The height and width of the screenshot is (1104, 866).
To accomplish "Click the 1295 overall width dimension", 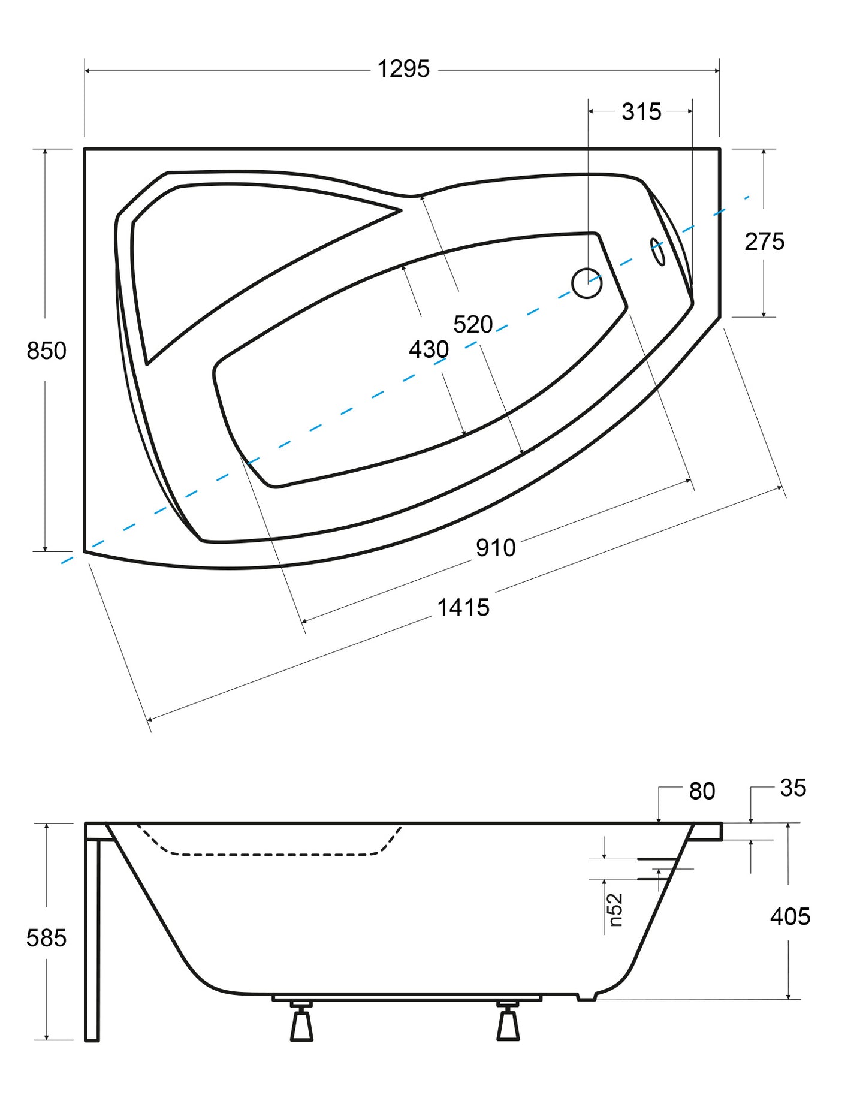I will coord(403,70).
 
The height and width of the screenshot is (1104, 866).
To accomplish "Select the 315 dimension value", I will coord(641,112).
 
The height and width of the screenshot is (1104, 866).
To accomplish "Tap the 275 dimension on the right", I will coord(764,242).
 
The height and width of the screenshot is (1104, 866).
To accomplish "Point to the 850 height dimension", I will coord(46,351).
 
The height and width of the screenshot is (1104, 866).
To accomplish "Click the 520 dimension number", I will coord(473,324).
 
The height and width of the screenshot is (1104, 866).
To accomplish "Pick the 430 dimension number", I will coord(429,349).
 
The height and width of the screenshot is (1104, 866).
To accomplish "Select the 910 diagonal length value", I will coord(496,548).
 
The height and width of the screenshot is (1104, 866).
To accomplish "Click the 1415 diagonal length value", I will coord(463,608).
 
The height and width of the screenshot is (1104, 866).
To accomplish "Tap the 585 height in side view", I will coord(46,938).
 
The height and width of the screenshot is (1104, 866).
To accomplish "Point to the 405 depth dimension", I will coord(790,916).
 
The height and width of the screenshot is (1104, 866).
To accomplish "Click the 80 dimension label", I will coord(702,791).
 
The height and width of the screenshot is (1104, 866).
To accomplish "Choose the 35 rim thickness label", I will coord(793,788).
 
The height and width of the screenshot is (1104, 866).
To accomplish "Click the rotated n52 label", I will coord(615,910).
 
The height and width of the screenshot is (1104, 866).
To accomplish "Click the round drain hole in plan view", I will coord(587,283).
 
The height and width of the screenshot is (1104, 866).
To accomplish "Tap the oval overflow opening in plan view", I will coord(657,252).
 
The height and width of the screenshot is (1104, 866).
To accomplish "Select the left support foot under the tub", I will coord(301,1022).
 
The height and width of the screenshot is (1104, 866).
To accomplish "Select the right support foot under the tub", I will coord(508,1022).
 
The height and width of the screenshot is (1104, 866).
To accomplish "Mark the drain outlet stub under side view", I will coord(587,997).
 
